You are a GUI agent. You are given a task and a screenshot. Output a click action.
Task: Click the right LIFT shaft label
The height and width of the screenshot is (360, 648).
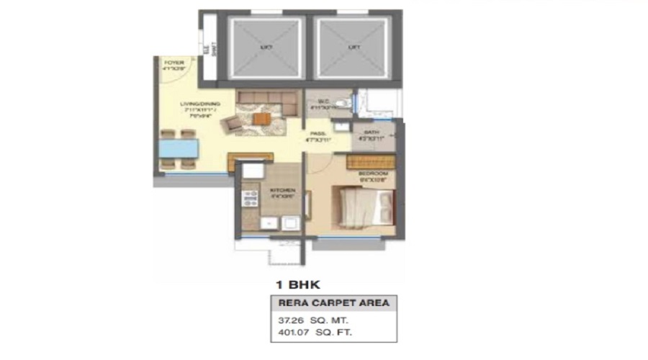coord(353,47)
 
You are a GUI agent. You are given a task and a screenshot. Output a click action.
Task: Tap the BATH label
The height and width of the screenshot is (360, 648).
coord(372,133)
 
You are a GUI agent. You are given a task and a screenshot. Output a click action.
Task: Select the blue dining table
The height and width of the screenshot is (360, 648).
coord(179,149)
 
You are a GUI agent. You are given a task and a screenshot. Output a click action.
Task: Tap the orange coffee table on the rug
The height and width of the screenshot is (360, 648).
coord(261,119)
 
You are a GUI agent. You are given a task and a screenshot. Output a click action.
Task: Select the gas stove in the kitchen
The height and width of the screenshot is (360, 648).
coord(249,198)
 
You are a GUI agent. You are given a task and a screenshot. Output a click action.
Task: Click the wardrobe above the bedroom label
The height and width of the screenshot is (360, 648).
coord(371,161)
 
